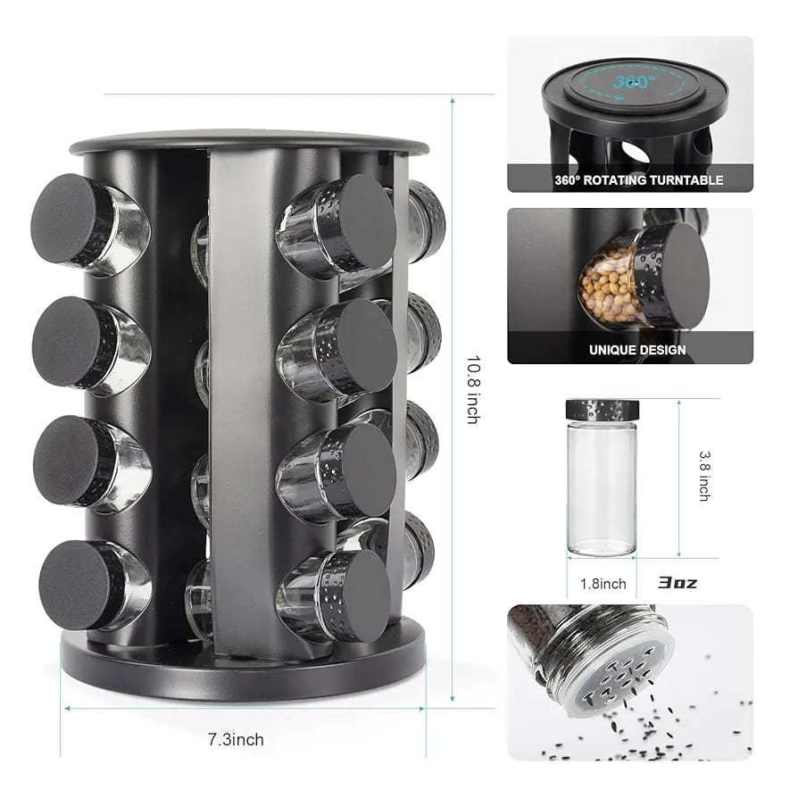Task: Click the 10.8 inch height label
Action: point(472,389)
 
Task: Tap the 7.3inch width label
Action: point(236,739)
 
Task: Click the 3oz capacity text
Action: point(677,583)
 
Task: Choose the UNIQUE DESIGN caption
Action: point(637,350)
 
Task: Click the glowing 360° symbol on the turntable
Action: point(630,83)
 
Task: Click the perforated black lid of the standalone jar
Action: point(603,410)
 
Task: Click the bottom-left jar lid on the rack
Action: point(73,585)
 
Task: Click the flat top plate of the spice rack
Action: point(237,140)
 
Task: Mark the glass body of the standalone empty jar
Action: point(603,486)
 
